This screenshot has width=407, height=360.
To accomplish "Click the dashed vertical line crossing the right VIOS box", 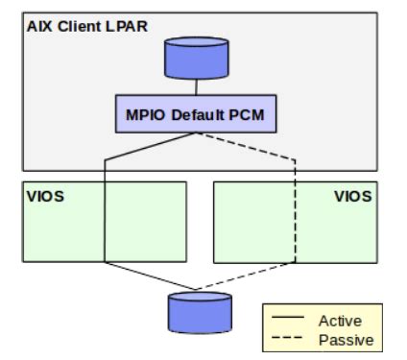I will point(293,221).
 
